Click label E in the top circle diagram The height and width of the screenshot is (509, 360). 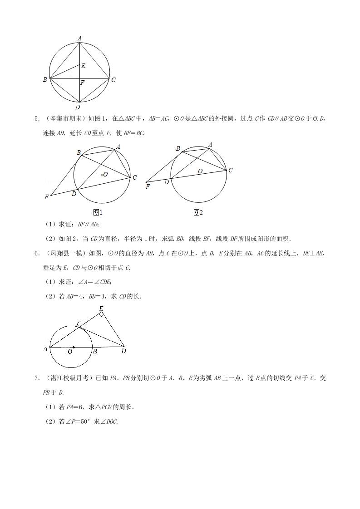pyautogui.click(x=83, y=66)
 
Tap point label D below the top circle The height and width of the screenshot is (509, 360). pyautogui.click(x=78, y=107)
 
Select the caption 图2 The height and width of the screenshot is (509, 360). pyautogui.click(x=198, y=212)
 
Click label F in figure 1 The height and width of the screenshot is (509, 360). pyautogui.click(x=46, y=197)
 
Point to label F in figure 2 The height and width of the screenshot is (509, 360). pyautogui.click(x=148, y=186)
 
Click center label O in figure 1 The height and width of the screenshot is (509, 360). pyautogui.click(x=105, y=174)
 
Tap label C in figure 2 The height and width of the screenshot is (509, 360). pyautogui.click(x=231, y=171)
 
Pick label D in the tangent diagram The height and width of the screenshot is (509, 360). pyautogui.click(x=123, y=351)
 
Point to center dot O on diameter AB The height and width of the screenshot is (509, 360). pyautogui.click(x=74, y=347)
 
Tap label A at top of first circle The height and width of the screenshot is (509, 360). pyautogui.click(x=79, y=39)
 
